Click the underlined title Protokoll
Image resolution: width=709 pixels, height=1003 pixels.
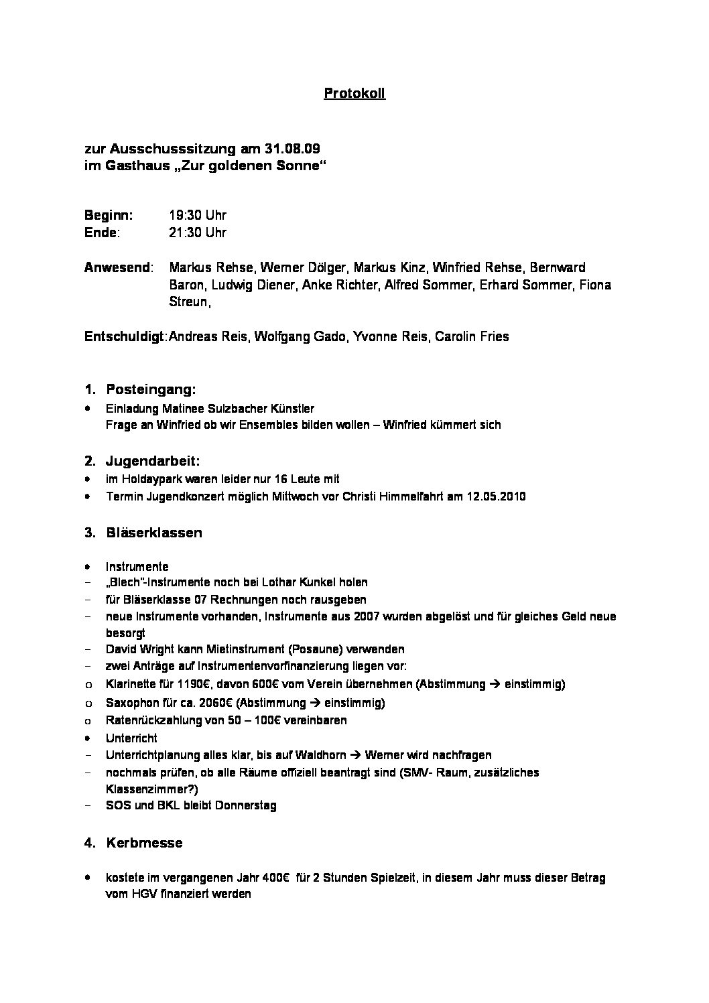click(354, 94)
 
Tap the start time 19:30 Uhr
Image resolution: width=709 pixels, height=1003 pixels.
click(198, 215)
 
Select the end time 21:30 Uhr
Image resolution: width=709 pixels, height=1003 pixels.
click(198, 232)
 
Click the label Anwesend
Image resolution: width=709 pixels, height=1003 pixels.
click(118, 268)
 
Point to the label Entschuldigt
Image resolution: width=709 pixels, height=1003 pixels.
click(125, 336)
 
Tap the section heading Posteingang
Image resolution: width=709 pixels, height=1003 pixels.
click(151, 389)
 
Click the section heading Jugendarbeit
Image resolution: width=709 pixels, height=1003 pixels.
click(153, 461)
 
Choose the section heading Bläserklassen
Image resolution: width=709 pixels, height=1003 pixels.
click(154, 533)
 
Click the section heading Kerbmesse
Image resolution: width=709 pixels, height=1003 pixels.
click(144, 843)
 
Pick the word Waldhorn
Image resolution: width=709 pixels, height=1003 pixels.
click(320, 755)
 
